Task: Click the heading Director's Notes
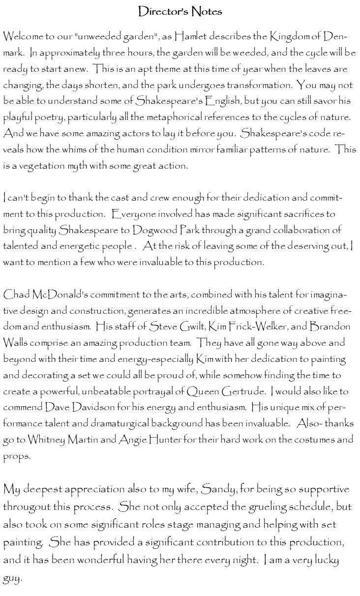click(180, 11)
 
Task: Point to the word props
click(15, 455)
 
